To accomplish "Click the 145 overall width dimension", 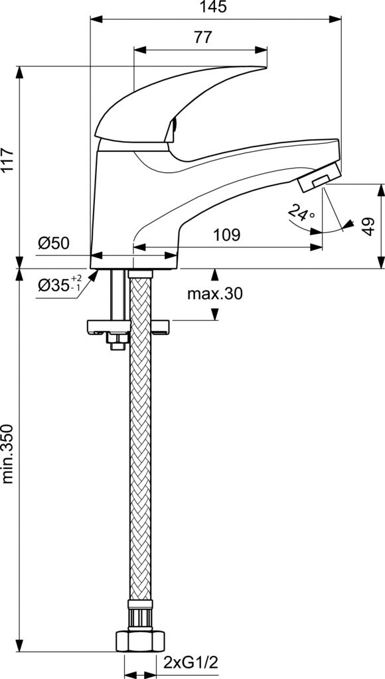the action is [216, 7].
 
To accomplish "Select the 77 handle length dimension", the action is [202, 38].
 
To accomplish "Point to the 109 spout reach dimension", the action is [226, 235].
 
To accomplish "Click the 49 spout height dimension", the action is [368, 227].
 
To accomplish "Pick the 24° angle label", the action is [301, 214].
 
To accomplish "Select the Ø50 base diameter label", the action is [53, 243].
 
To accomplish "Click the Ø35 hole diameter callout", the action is [59, 284].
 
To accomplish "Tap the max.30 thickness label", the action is [214, 294].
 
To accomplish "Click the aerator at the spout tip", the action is [319, 176].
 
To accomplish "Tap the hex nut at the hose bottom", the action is [141, 641].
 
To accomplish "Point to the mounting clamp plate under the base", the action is [128, 327].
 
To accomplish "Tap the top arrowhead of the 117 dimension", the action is [19, 72].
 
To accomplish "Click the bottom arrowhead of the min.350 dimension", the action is [19, 645].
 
